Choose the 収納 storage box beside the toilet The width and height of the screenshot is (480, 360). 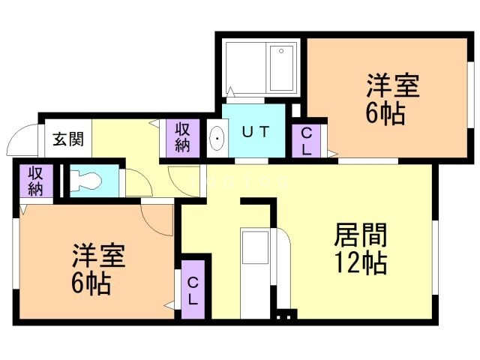(36, 180)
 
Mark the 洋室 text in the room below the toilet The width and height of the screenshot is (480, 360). (98, 256)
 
